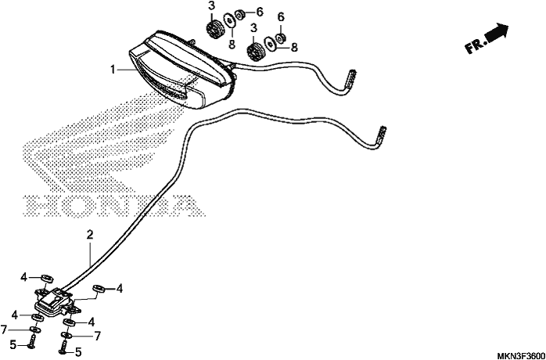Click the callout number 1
tap(113, 70)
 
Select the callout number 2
tap(90, 235)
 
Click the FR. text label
tap(476, 45)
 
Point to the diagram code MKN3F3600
tap(521, 356)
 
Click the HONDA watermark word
tap(113, 205)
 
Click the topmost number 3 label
tap(211, 6)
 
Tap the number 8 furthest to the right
tap(294, 48)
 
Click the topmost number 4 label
tap(23, 277)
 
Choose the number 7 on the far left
tap(3, 329)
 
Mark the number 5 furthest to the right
tap(78, 352)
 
